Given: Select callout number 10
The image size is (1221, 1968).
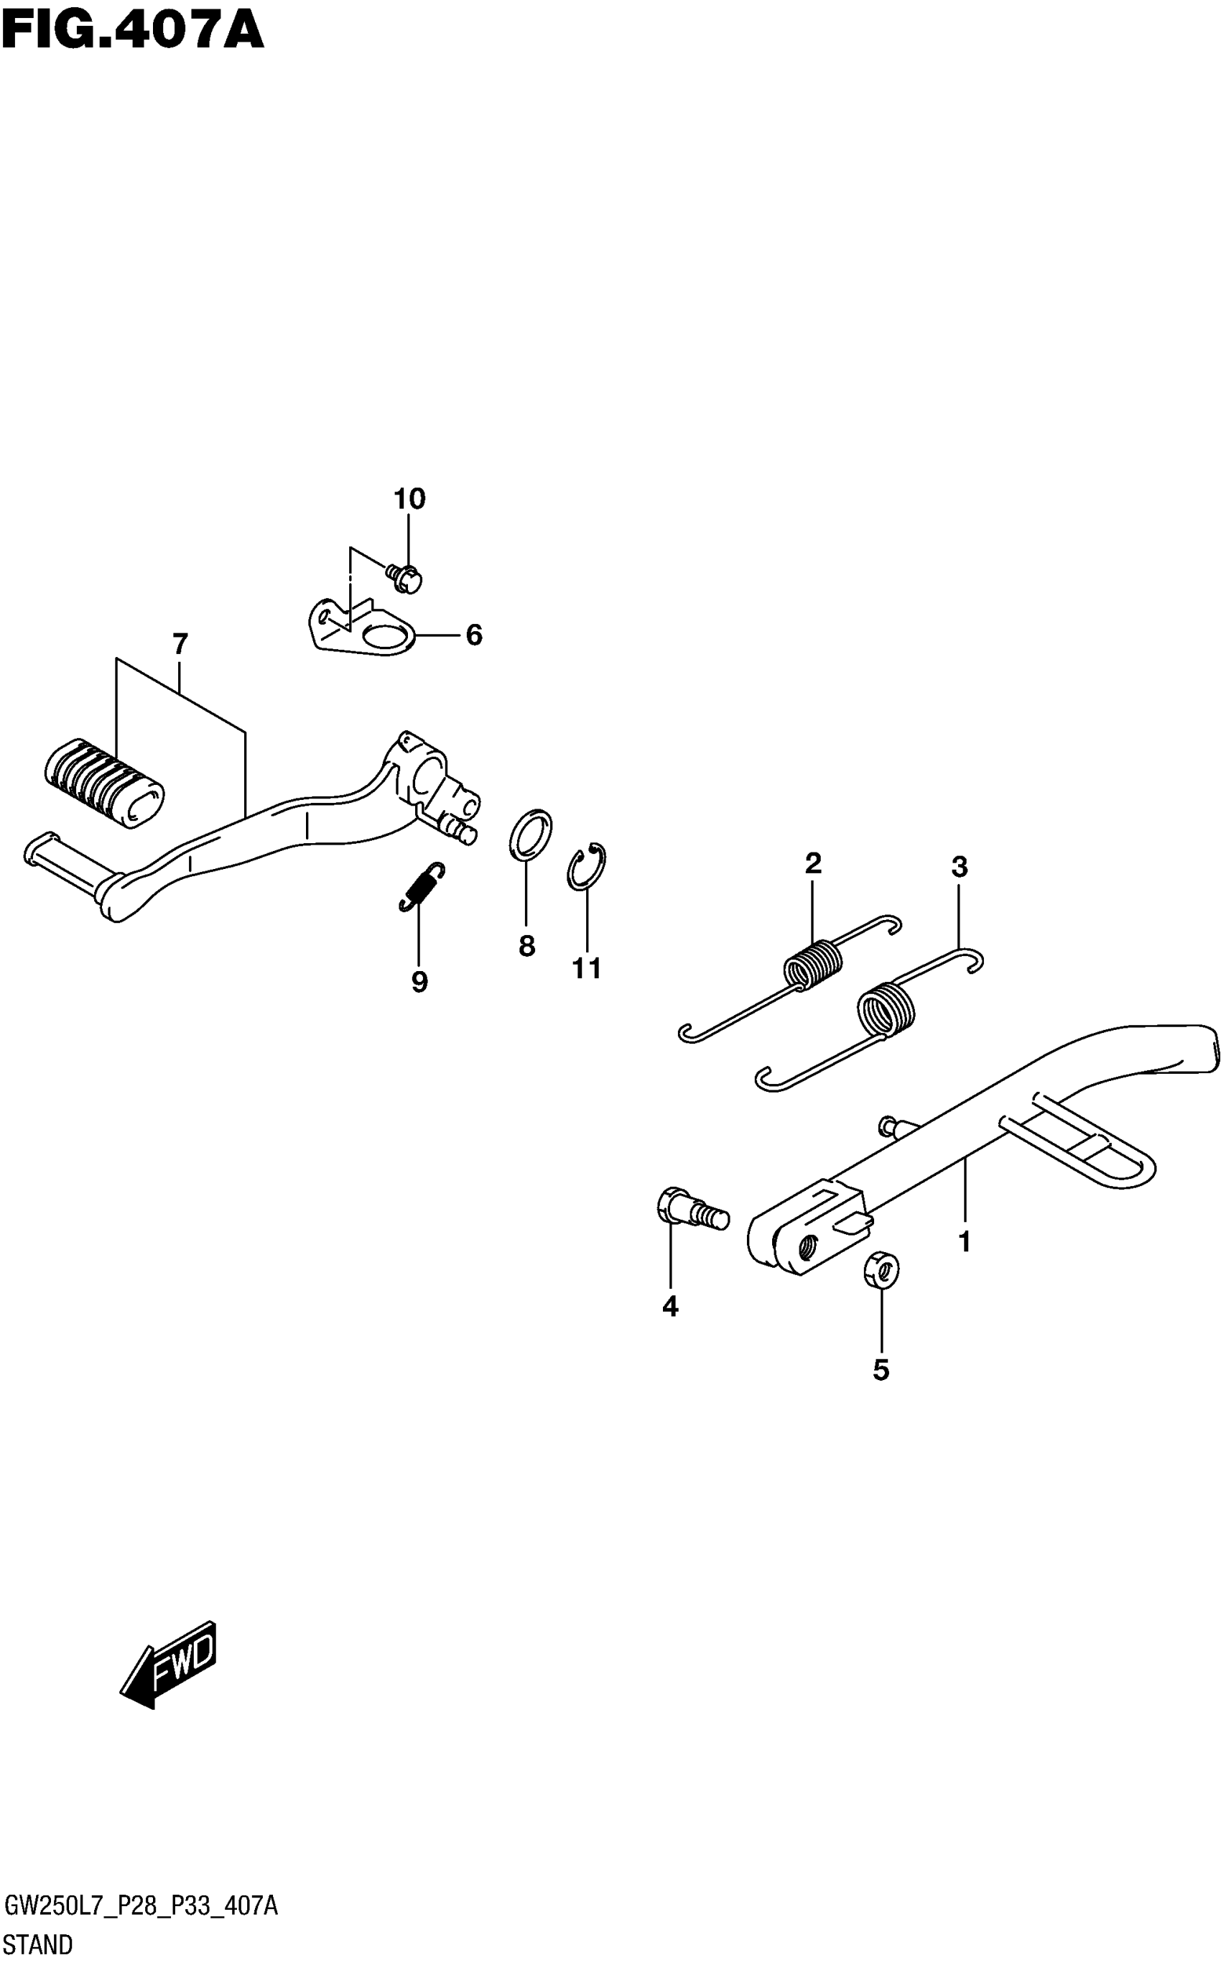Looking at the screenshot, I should click(409, 500).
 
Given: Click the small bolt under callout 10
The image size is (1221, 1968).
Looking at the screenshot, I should click(407, 579).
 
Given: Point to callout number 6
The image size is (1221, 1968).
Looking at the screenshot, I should click(474, 635).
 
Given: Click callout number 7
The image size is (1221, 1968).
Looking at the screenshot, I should click(180, 645).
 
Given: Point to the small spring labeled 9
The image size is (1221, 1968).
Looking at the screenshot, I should click(422, 887).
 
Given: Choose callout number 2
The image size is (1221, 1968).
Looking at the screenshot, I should click(813, 864).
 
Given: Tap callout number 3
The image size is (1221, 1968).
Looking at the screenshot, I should click(959, 868).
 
